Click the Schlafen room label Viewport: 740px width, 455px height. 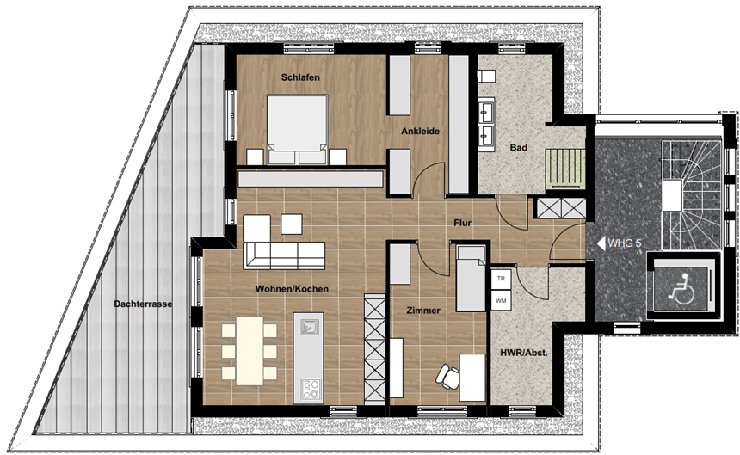click(x=300, y=77)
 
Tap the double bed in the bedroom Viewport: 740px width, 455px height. click(x=298, y=130)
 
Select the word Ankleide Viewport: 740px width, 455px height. click(x=420, y=131)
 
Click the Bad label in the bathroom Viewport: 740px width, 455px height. click(x=518, y=148)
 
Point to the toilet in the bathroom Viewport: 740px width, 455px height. click(x=485, y=76)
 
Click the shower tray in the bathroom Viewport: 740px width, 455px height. click(x=565, y=169)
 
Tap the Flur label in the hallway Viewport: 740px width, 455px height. click(x=462, y=223)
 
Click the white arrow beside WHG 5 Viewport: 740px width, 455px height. click(x=601, y=243)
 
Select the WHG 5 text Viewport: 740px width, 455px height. click(x=625, y=243)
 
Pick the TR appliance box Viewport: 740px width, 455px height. click(x=501, y=279)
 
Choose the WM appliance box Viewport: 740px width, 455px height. click(x=501, y=300)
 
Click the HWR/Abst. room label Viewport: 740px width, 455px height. click(x=524, y=352)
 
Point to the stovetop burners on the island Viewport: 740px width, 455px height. click(x=311, y=389)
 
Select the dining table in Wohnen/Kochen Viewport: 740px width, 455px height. click(x=250, y=351)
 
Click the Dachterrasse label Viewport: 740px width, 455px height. click(x=143, y=304)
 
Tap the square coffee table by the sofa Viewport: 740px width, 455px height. click(x=292, y=224)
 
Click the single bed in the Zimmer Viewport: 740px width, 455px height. click(x=471, y=278)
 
